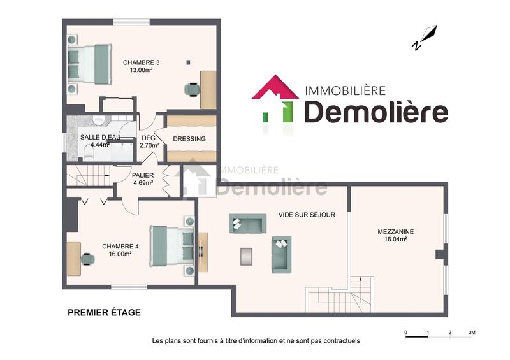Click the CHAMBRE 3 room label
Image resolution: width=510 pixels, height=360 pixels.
pos(141,62)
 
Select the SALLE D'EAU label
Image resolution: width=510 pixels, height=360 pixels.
pos(100,138)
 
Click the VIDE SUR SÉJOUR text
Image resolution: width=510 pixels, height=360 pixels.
pos(307,215)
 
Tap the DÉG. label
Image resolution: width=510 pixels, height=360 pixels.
pos(149,138)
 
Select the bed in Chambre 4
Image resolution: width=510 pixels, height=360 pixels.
pos(171,245)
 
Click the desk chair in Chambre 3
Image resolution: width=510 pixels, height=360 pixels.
pos(191,89)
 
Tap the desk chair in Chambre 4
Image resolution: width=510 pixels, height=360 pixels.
pos(88,258)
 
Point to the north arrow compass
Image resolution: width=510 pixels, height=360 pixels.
pos(425,38)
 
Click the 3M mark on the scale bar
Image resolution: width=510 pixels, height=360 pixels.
pos(472,332)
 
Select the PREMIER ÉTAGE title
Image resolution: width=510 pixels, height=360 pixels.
pos(104,312)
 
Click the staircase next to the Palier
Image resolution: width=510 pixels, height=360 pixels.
pos(89,175)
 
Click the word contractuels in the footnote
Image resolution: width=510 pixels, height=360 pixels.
pos(341,341)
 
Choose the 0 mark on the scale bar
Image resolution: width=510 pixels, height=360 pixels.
pos(406,332)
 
